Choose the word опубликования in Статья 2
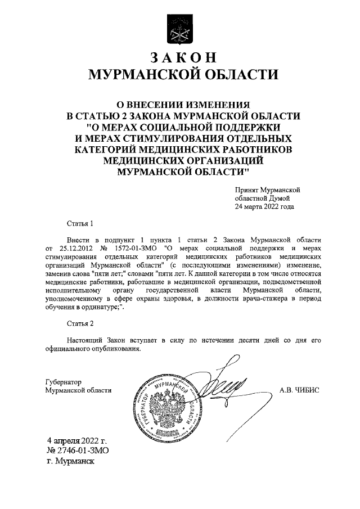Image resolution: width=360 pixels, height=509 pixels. click(113, 349)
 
